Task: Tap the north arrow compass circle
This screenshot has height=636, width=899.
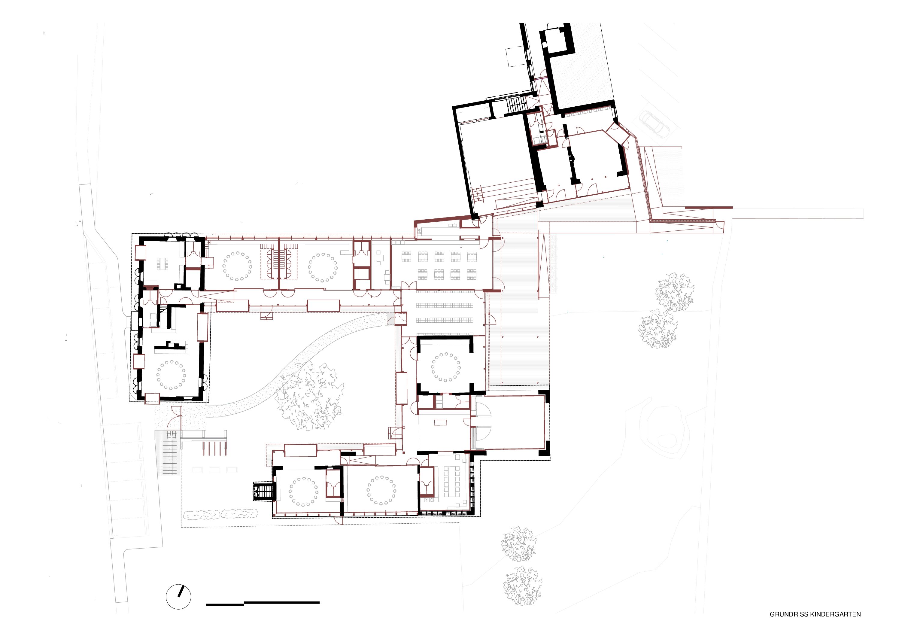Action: coord(178,597)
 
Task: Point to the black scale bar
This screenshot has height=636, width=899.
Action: coord(263,604)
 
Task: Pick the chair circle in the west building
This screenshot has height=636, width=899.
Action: coord(171,375)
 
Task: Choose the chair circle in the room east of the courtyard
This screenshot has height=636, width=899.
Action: coord(446,367)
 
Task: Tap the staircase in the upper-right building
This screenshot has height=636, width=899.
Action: coord(516,105)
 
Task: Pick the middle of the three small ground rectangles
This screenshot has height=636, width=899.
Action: coord(214,470)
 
